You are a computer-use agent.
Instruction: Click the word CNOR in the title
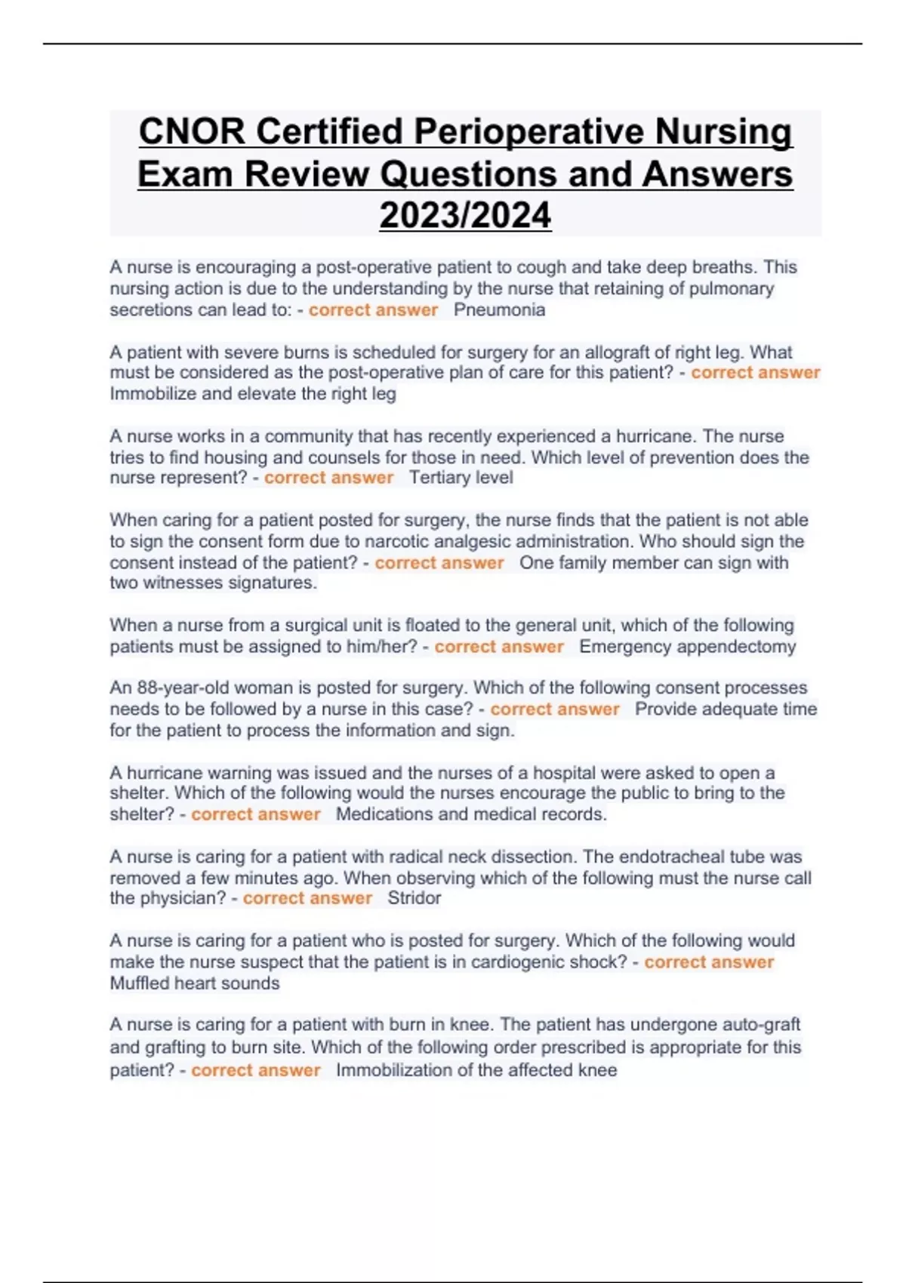pos(192,131)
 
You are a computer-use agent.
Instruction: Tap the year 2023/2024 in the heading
pos(465,215)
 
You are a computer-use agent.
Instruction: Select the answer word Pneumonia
pos(499,309)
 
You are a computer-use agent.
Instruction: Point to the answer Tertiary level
pos(461,477)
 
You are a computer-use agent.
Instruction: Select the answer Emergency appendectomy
pos(687,646)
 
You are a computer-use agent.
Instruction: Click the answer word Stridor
pos(414,898)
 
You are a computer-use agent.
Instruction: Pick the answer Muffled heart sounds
pos(195,983)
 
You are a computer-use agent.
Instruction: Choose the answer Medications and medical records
pos(471,814)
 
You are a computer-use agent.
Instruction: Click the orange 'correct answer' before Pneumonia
pos(373,309)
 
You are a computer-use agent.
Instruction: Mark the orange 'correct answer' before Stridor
pos(307,898)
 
